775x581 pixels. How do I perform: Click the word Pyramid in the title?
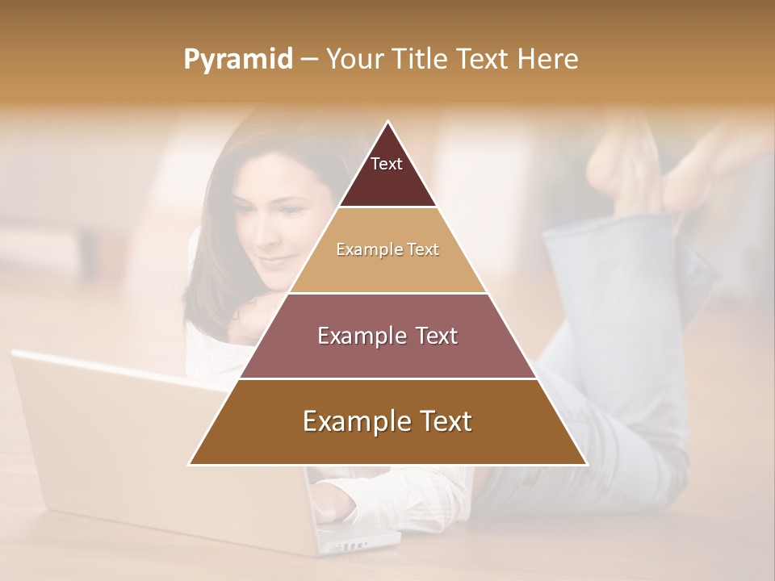pyautogui.click(x=238, y=60)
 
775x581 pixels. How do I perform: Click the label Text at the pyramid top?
pyautogui.click(x=387, y=164)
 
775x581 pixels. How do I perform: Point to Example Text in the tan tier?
pyautogui.click(x=387, y=249)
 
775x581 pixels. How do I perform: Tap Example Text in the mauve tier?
pyautogui.click(x=387, y=336)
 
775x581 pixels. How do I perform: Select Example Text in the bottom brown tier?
pyautogui.click(x=387, y=421)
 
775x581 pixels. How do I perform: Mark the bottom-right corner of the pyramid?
pyautogui.click(x=586, y=464)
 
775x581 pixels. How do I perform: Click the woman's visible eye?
pyautogui.click(x=289, y=211)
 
